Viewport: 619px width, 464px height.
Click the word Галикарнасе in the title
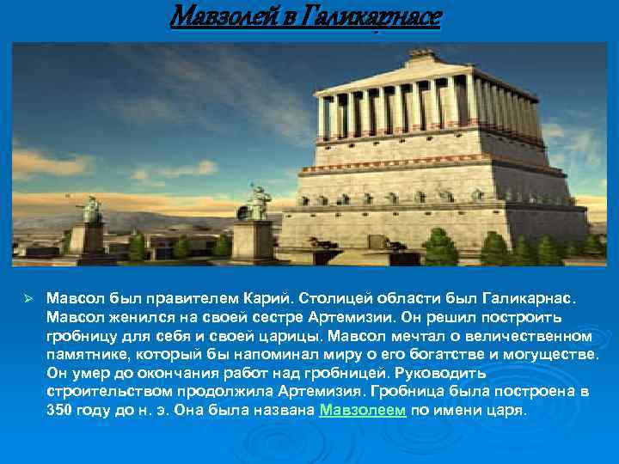[367, 16]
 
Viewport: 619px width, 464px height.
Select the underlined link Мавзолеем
[362, 410]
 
